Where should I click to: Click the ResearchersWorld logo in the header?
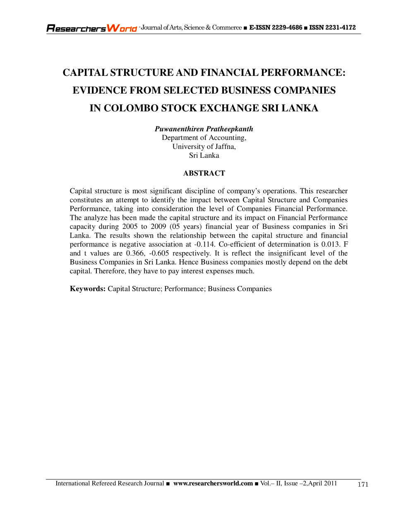coord(91,28)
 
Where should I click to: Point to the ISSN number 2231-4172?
coord(341,28)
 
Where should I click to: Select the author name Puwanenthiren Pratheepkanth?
coord(204,129)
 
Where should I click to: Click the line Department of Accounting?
coord(204,138)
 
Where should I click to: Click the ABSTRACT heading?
coord(204,173)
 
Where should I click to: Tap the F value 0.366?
coord(135,253)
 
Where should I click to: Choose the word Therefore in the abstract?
coord(104,271)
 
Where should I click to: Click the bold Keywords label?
coord(88,289)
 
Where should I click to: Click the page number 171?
coord(363,485)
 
